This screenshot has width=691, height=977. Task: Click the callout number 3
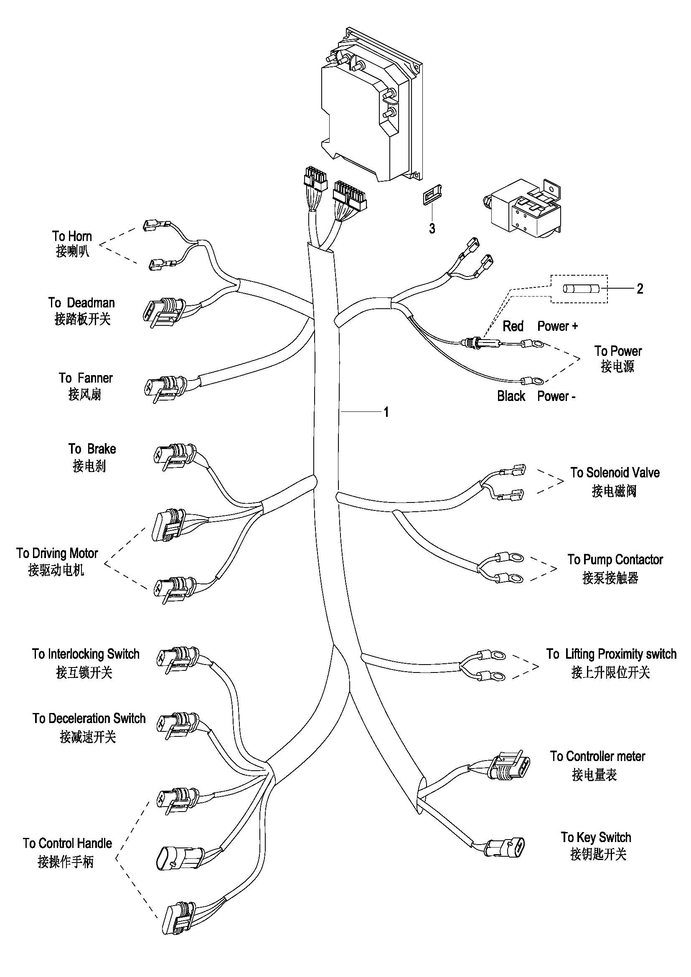click(432, 228)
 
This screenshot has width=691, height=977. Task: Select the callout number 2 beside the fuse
click(640, 289)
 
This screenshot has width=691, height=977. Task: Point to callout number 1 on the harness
click(386, 412)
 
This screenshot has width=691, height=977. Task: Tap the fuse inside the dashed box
click(581, 289)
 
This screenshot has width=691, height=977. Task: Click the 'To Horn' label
click(72, 236)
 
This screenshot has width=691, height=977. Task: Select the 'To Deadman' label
click(81, 303)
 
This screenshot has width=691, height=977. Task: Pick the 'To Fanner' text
click(86, 378)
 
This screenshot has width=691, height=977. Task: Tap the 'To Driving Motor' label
click(57, 553)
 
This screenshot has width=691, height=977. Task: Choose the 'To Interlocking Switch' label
click(86, 654)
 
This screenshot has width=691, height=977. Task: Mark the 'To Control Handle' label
click(67, 843)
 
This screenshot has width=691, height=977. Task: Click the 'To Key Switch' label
click(596, 837)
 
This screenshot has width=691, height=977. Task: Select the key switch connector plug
click(506, 845)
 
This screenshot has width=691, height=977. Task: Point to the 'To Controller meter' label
click(597, 756)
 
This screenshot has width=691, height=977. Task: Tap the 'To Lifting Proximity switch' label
click(611, 654)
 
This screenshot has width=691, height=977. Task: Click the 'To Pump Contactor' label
click(615, 560)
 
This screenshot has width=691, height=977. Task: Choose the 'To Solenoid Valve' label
click(615, 473)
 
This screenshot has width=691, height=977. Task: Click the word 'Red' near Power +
click(513, 326)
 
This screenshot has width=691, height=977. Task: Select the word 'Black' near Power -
click(511, 396)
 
